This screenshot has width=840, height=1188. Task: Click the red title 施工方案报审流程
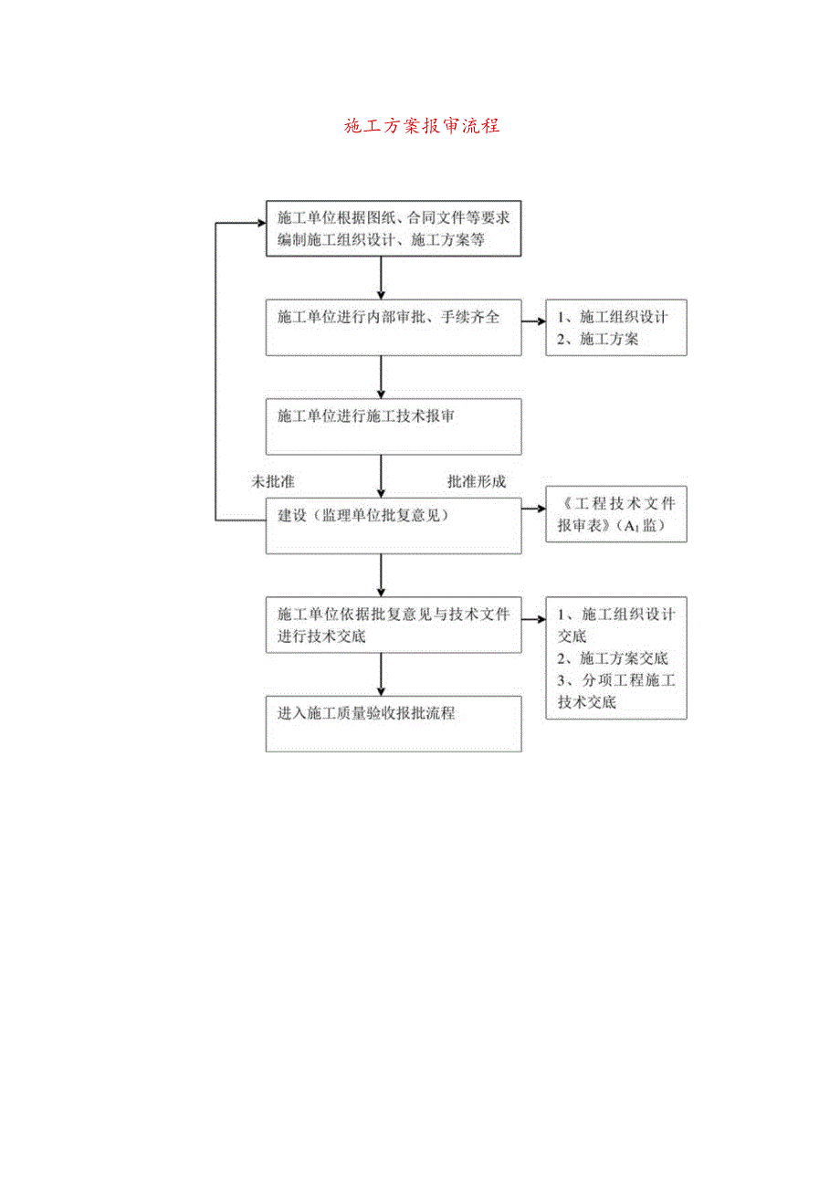point(422,126)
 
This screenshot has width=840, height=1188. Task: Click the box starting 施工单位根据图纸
point(394,228)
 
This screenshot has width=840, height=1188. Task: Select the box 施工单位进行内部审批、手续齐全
point(394,328)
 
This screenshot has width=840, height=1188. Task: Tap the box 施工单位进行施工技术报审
point(394,426)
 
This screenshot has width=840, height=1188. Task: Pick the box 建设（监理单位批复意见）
point(394,526)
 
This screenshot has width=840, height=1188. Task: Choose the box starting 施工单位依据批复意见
point(394,626)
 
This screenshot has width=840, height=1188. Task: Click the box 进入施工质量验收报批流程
point(394,724)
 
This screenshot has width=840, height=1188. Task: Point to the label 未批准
point(272,481)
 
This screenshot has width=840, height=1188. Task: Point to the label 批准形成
point(476,481)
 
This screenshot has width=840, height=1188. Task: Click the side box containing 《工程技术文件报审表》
point(616,515)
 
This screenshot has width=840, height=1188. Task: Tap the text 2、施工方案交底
point(614,658)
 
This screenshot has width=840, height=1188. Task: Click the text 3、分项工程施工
point(616,680)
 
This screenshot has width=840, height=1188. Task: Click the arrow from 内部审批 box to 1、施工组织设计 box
point(533,321)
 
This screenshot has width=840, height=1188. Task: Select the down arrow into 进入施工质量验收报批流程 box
point(381,675)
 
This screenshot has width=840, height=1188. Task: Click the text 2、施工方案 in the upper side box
point(599,339)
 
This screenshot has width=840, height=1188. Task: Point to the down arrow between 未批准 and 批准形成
point(381,476)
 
